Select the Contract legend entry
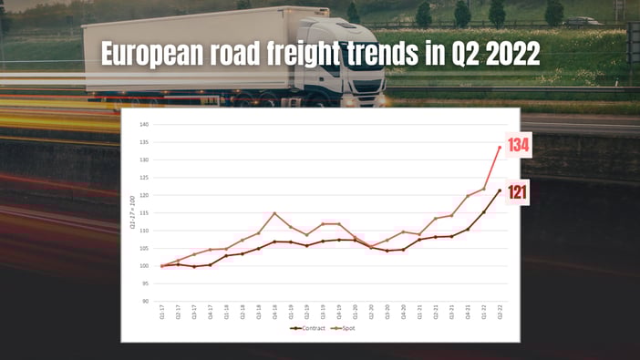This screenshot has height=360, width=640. (307, 326)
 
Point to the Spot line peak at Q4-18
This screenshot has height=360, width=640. (274, 213)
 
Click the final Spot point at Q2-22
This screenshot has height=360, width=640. (500, 147)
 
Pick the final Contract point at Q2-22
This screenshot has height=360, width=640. (500, 190)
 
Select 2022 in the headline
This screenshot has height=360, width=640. (511, 54)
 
